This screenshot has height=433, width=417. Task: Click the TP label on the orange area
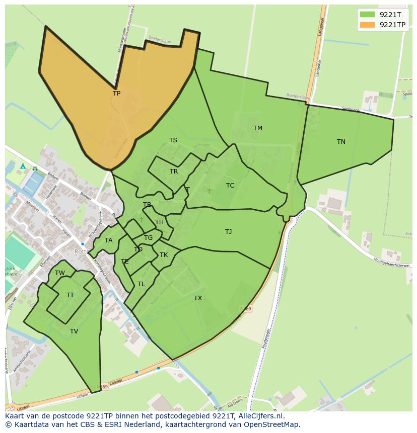116,94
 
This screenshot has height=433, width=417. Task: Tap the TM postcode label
257,128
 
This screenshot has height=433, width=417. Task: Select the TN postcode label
341,142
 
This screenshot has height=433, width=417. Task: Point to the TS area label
173,140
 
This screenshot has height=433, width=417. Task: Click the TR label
174,171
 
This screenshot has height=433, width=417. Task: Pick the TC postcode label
230,186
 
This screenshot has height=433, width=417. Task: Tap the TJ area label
228,232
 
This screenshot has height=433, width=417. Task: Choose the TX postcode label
198,298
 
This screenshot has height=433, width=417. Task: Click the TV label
74,331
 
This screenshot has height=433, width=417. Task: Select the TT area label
70,295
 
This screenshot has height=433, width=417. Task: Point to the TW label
60,273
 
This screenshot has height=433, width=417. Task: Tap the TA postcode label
109,240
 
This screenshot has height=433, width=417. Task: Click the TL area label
141,284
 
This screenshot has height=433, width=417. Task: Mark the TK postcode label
164,255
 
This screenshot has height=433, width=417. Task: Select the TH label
159,222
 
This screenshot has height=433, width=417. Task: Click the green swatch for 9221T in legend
368,15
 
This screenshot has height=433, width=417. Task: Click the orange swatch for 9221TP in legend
368,24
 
